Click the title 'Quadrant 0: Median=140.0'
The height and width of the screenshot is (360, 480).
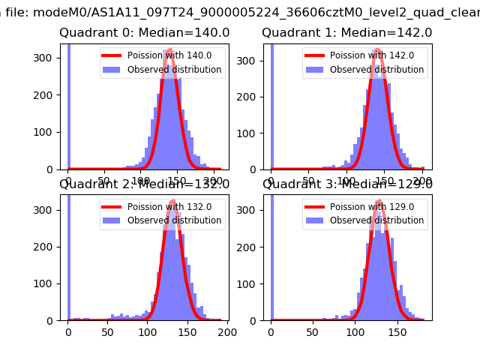[144, 33]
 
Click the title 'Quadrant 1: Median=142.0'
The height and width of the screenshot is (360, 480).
[346, 33]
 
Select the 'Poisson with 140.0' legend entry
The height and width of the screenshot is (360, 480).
[167, 55]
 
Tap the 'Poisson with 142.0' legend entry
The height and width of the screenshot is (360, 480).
[370, 55]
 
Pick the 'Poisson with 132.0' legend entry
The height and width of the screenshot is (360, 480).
[167, 206]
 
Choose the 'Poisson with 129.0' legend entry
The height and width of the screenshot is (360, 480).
[370, 206]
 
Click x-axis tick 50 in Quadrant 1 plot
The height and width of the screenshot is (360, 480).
[309, 181]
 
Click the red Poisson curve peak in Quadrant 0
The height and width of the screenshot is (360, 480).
[169, 50]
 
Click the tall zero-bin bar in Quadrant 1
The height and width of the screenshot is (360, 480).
[272, 105]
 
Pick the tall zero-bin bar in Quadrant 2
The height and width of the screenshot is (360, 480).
[69, 255]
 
